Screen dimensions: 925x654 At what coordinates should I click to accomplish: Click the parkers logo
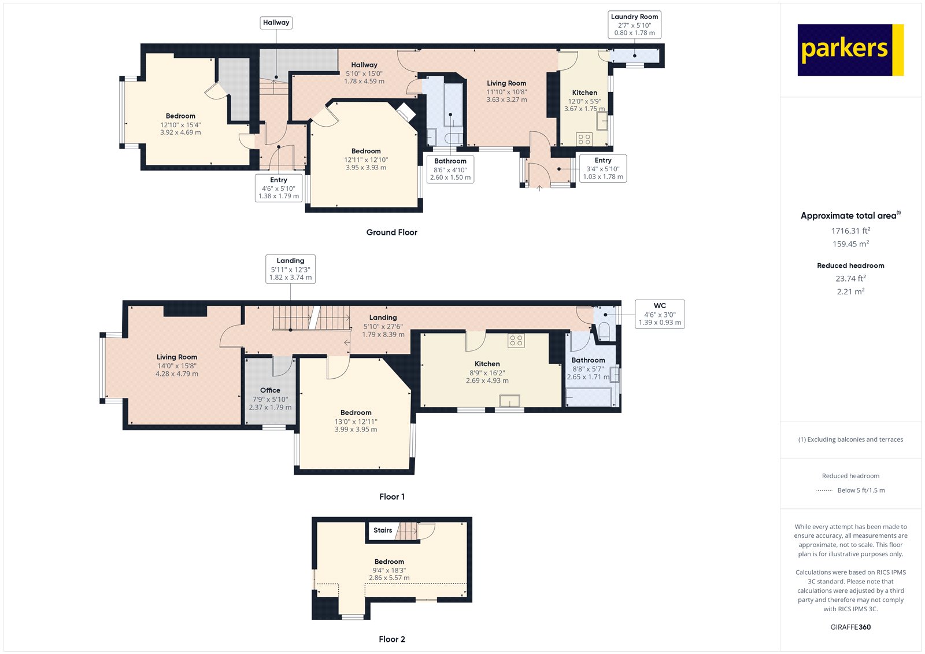(x=850, y=50)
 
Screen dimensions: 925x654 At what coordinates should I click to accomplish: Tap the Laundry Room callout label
(x=634, y=25)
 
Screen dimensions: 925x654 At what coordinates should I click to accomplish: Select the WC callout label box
(x=660, y=314)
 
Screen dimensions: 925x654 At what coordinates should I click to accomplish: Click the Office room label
(x=270, y=390)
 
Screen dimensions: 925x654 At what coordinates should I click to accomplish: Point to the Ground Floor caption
(x=391, y=232)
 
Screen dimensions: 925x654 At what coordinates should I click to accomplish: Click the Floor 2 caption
(x=392, y=639)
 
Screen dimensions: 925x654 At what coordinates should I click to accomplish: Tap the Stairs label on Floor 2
(x=383, y=530)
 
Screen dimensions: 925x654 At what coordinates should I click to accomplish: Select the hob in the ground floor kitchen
(x=584, y=139)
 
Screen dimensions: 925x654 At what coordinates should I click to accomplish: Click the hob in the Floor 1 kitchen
(x=516, y=341)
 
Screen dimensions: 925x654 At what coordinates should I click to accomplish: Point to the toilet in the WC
(x=604, y=332)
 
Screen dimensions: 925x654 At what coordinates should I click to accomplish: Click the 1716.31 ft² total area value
(x=850, y=231)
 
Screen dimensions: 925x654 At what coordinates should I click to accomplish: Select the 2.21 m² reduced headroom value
(x=850, y=291)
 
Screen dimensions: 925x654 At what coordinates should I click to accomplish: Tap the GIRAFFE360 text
(x=850, y=627)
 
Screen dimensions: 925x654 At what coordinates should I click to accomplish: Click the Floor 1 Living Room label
(x=177, y=357)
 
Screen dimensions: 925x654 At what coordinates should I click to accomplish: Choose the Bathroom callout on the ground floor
(x=450, y=169)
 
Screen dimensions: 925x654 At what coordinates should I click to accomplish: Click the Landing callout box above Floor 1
(x=290, y=269)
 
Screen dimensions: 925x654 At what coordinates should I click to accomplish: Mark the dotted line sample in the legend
(x=824, y=490)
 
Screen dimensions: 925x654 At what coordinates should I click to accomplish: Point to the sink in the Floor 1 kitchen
(x=509, y=401)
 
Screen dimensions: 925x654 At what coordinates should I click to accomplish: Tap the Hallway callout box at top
(x=276, y=23)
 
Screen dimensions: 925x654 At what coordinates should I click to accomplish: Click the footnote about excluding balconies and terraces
(x=850, y=439)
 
